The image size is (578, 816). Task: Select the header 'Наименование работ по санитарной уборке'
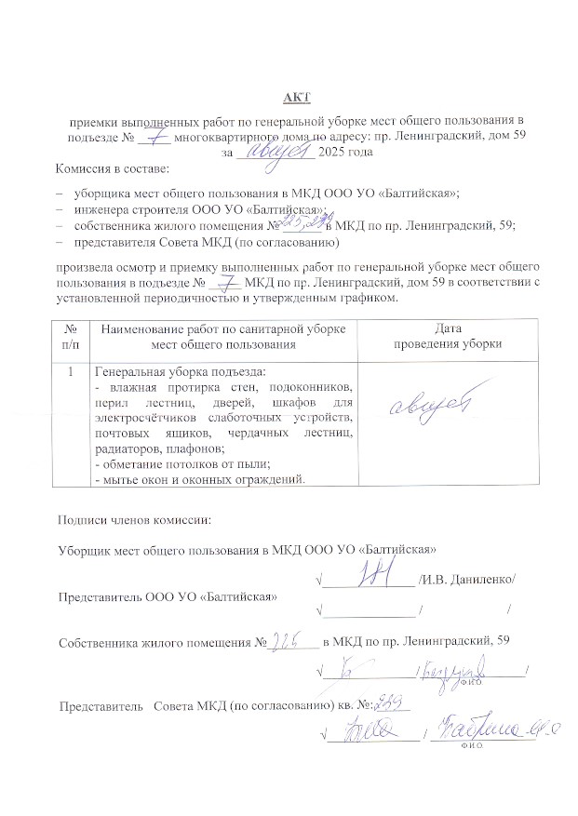pos(223,328)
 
